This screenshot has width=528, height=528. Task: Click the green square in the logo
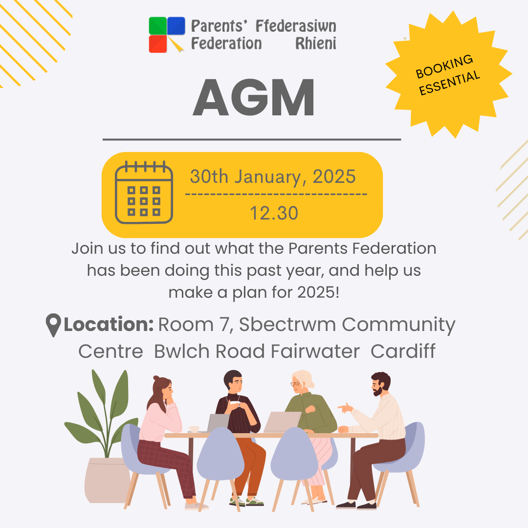(x=158, y=25)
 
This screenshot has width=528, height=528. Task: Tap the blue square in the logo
(x=176, y=25)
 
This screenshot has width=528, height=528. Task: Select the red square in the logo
(x=158, y=44)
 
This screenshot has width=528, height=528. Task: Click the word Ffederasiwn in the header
(x=296, y=26)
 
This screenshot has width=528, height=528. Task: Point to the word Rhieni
(x=316, y=44)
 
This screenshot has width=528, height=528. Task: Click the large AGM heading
(x=254, y=98)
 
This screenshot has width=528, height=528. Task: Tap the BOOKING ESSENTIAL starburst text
(x=447, y=75)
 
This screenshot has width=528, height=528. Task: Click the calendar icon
(x=144, y=192)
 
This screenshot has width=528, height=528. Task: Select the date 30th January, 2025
(x=273, y=176)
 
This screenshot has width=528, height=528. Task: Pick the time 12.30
(x=274, y=213)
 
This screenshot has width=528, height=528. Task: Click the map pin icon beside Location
(x=53, y=325)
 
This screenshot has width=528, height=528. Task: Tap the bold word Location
(x=109, y=324)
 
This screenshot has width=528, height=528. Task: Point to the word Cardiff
(x=403, y=351)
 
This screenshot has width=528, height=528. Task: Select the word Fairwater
(x=315, y=351)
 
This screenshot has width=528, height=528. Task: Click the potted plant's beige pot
(x=107, y=480)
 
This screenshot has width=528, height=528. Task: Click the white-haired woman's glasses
(x=295, y=384)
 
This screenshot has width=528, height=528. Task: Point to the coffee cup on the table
(x=194, y=429)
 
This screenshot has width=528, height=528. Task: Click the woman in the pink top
(x=165, y=438)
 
